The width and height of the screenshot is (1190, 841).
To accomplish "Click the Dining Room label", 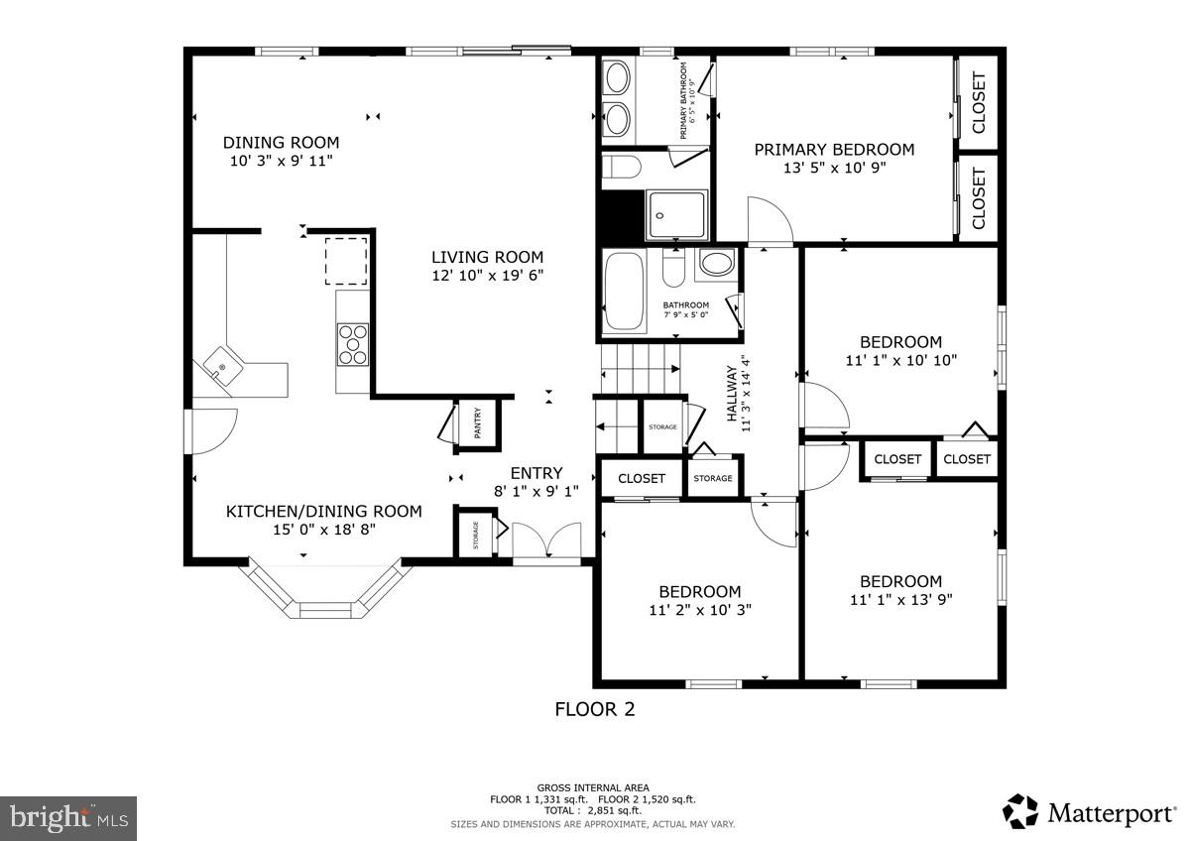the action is point(281,143).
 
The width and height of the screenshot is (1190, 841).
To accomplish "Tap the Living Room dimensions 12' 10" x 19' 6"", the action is point(488,276).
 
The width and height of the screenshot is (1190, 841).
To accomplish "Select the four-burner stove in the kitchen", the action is point(353,345).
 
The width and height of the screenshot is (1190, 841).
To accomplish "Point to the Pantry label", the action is point(478,423).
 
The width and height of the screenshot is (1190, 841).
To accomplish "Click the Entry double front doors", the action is point(546,540).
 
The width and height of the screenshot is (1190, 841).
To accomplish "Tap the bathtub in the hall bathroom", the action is point(624,292).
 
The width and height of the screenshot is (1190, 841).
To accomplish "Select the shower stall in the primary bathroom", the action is point(676,215).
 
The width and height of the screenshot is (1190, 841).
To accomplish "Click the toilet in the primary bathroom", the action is point(622,167).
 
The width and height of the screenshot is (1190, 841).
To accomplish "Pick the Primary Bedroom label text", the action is point(835,150).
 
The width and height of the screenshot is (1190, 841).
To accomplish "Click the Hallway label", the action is point(732,394).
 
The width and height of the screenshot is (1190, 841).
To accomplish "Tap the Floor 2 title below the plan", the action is point(595,709).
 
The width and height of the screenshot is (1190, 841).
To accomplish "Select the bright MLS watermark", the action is point(68,818).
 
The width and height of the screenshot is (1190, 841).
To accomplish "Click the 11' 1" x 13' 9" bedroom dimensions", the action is point(901,600).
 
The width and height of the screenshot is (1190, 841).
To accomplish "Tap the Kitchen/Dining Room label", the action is point(324,511).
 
